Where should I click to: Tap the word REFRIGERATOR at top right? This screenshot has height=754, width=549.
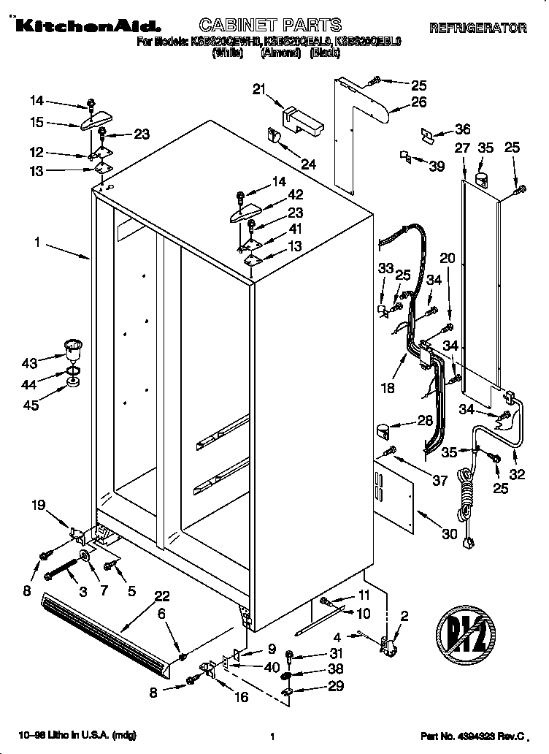pos(477,28)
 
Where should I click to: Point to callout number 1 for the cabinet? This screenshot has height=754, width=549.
pos(37,243)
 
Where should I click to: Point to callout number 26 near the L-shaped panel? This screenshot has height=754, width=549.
pos(418,102)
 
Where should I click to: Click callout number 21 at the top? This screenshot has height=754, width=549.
pos(259,89)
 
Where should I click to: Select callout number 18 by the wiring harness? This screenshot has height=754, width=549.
pos(388,388)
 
